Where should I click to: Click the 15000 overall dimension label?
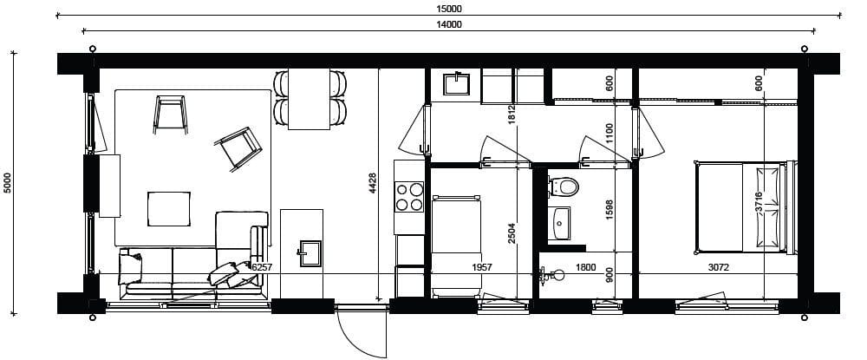[449, 9]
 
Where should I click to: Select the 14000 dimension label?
[449, 23]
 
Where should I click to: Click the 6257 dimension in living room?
[263, 267]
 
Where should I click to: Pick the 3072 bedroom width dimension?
[718, 267]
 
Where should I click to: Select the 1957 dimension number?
[481, 267]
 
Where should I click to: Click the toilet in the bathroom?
[564, 187]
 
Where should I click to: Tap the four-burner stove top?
[409, 197]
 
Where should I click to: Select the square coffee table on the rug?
[169, 208]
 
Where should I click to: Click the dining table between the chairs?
[310, 99]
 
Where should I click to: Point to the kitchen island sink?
[310, 253]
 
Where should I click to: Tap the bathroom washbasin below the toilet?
[559, 224]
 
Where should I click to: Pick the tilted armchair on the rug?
[238, 148]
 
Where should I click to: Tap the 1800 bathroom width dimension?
[585, 267]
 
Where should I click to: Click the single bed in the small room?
[456, 246]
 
